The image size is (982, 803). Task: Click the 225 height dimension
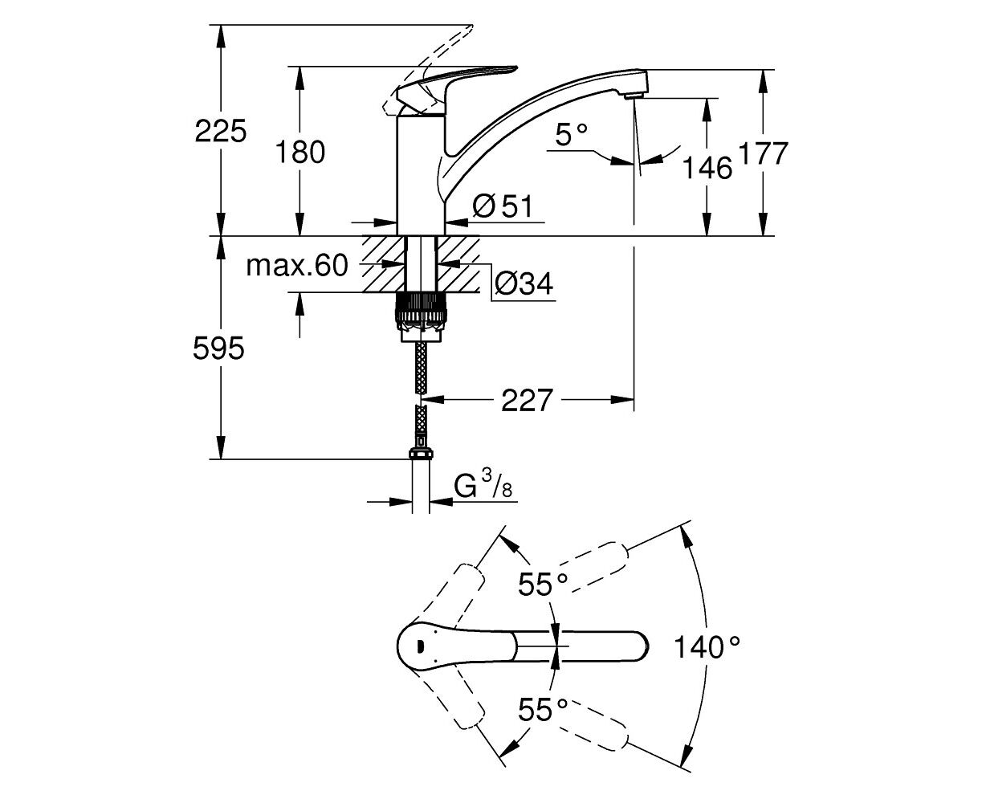(x=220, y=132)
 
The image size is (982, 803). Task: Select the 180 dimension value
(x=300, y=153)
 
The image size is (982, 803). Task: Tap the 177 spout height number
(x=763, y=153)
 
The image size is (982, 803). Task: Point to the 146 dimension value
(x=707, y=168)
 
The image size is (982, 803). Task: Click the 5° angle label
(x=572, y=135)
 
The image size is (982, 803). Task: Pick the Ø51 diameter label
(x=503, y=206)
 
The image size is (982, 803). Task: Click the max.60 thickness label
(x=297, y=266)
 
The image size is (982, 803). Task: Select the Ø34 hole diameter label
(x=524, y=283)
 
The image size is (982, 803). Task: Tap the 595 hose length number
(x=218, y=348)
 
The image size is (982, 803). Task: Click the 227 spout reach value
(x=527, y=400)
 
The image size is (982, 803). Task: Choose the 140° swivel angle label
(x=707, y=647)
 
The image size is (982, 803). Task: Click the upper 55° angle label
(x=543, y=584)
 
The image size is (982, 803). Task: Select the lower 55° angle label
(x=543, y=710)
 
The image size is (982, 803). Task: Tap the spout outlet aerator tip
(x=634, y=95)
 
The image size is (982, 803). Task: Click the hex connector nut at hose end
(x=421, y=453)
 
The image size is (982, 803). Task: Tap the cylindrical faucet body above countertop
(x=421, y=175)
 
